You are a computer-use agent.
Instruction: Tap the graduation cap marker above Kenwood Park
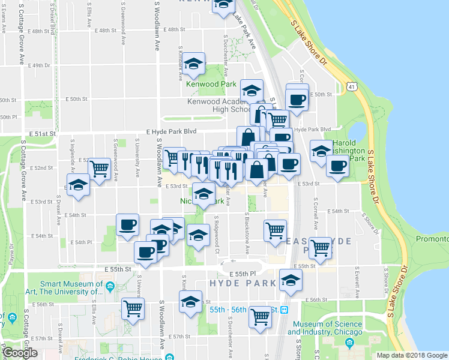coord(194,64)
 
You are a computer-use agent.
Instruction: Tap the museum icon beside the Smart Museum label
coord(110,287)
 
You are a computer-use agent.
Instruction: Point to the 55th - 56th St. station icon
coord(285,310)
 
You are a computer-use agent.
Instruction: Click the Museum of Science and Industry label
coord(327,328)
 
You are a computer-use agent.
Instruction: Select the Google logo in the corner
coord(20,353)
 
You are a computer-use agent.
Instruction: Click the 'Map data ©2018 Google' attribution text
coord(412,355)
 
